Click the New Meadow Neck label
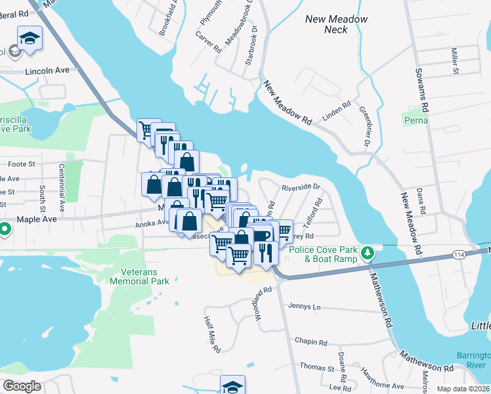coord(337,24)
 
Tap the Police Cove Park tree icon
coord(369,253)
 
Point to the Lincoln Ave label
coord(47,70)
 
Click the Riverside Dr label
coord(301,187)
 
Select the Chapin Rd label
coord(310,342)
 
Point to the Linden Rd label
coord(337,112)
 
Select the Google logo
coord(22,386)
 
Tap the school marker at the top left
coord(30,37)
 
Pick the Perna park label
coord(416,120)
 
